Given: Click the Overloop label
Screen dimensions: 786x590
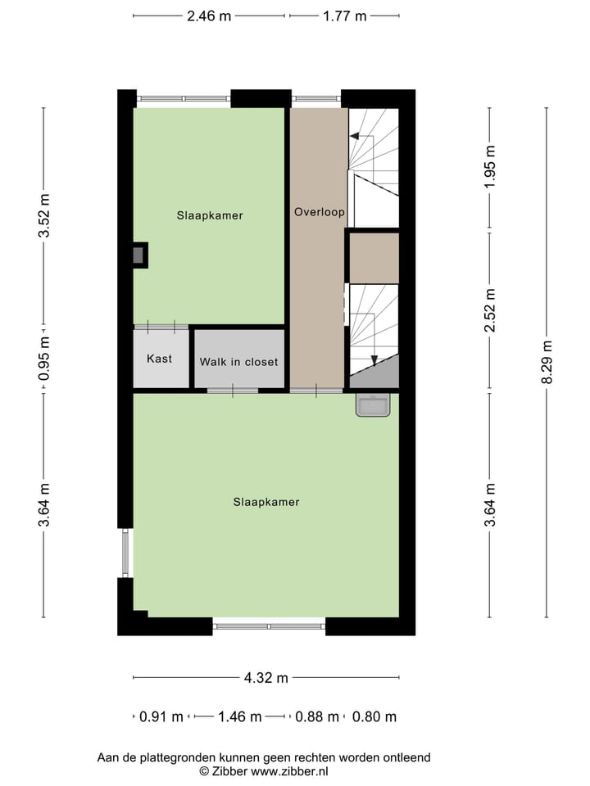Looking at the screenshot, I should [319, 211].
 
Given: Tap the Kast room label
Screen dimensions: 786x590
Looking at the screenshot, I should [159, 359].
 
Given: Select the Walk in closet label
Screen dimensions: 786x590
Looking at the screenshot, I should [238, 361].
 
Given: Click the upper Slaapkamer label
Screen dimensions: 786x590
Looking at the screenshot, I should [210, 215].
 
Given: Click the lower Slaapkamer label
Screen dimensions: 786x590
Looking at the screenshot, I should [265, 502].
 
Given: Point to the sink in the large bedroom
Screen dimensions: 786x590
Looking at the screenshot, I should [374, 404].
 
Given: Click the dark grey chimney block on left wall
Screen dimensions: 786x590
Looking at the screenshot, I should [139, 255].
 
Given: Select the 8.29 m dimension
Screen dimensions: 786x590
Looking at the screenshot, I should [547, 361].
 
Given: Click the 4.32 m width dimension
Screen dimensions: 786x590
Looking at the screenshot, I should [266, 677].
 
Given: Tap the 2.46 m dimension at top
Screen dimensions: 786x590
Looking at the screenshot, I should [209, 16].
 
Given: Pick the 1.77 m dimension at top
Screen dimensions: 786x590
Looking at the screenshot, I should [344, 16].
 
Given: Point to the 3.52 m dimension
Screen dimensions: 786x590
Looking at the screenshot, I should [44, 215].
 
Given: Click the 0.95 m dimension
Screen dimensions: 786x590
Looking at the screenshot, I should [44, 359].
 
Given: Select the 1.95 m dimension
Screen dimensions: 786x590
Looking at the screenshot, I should [490, 167].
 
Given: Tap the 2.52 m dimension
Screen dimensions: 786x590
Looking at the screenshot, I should [490, 310].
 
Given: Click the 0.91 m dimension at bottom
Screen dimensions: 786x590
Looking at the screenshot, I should [161, 716].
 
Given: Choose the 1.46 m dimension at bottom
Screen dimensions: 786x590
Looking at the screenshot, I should [239, 716].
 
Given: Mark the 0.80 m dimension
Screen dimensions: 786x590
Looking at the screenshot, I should [374, 716].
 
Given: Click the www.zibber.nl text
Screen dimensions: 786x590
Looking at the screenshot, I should [289, 770].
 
